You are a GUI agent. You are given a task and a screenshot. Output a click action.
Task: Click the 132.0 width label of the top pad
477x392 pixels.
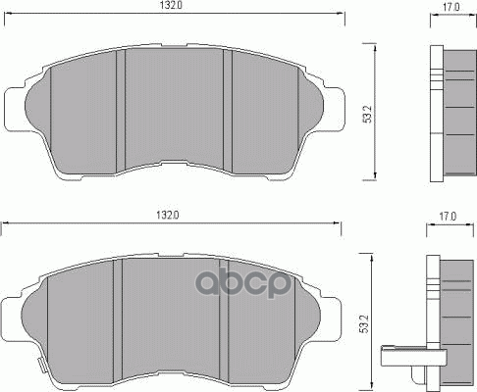click(171, 5)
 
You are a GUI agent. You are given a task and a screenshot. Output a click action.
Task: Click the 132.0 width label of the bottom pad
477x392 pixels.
click(168, 216)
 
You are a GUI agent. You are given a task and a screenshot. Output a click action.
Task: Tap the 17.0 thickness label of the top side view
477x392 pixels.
click(451, 7)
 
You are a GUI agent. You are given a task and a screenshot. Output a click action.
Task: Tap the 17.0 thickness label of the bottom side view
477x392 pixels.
click(448, 217)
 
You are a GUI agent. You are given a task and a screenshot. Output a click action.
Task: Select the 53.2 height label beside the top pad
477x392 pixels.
click(368, 114)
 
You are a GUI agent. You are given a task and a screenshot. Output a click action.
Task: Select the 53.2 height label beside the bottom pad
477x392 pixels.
click(364, 323)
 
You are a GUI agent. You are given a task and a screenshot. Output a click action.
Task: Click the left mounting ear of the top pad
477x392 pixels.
click(15, 110)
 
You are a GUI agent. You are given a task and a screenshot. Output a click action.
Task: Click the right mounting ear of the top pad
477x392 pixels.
click(335, 110)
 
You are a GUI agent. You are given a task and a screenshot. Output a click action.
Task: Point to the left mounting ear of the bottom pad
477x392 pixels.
click(12, 319)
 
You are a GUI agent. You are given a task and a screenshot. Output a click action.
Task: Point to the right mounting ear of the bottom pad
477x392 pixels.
click(331, 319)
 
